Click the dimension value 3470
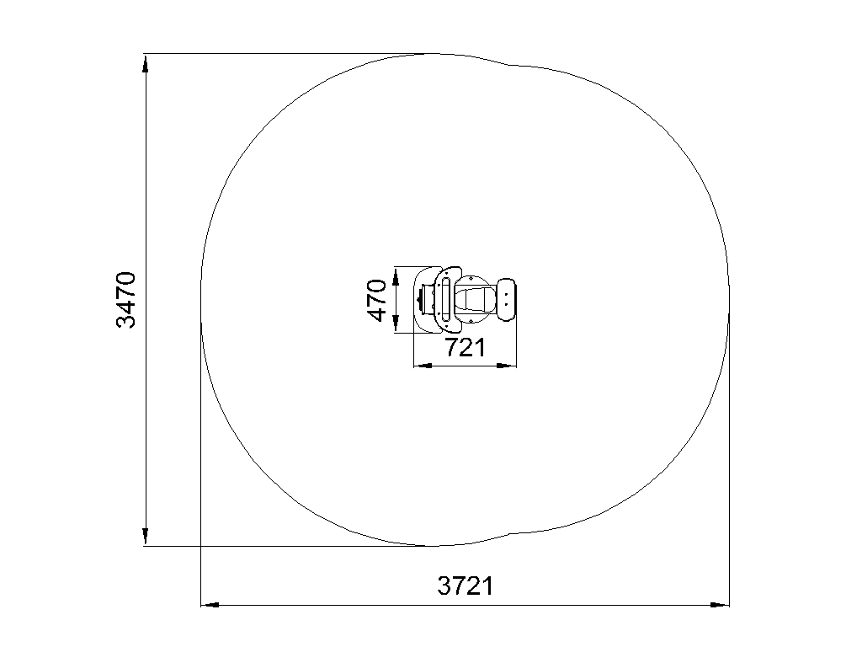[x=126, y=300]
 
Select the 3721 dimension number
[x=466, y=586]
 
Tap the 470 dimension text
[x=377, y=301]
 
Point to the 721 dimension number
[x=465, y=348]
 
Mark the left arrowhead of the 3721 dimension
[x=210, y=605]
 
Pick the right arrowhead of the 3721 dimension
[x=720, y=605]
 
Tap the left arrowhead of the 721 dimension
[x=423, y=366]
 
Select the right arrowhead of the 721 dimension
[x=507, y=366]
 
